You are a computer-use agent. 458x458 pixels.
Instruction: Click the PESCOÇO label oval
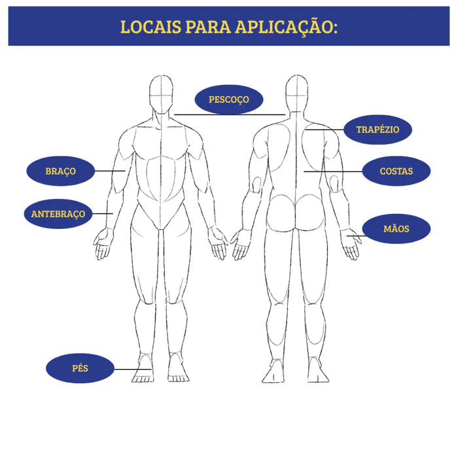pos(229,99)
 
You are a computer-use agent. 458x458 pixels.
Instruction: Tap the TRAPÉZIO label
pos(378,130)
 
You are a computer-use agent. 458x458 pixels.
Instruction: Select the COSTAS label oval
pos(396,171)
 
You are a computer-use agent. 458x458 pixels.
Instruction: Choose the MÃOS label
pos(396,229)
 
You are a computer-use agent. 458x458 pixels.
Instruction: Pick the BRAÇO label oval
pos(61,171)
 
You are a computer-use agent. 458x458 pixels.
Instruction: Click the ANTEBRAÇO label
pos(58,214)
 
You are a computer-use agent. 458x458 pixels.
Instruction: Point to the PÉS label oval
pos(80,368)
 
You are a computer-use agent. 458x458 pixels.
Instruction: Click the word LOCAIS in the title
pos(150,27)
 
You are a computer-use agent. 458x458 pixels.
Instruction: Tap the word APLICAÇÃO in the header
pos(287,27)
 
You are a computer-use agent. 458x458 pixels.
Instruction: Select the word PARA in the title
pos(208,27)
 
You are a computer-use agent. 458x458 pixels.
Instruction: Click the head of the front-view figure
pos(161,95)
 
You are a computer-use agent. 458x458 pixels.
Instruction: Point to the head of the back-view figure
pos(296,94)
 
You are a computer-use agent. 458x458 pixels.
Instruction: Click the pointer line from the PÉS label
pos(133,369)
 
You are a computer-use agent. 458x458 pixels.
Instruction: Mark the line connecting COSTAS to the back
pos(333,171)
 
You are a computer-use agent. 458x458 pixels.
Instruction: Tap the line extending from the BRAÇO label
pos(110,171)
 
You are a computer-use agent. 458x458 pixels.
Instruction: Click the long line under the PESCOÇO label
pos(230,114)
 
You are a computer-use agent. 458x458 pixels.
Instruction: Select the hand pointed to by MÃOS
pos(351,244)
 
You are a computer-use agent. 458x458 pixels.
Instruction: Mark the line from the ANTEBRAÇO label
pos(103,213)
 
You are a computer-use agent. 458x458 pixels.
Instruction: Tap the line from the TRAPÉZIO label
pos(325,130)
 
